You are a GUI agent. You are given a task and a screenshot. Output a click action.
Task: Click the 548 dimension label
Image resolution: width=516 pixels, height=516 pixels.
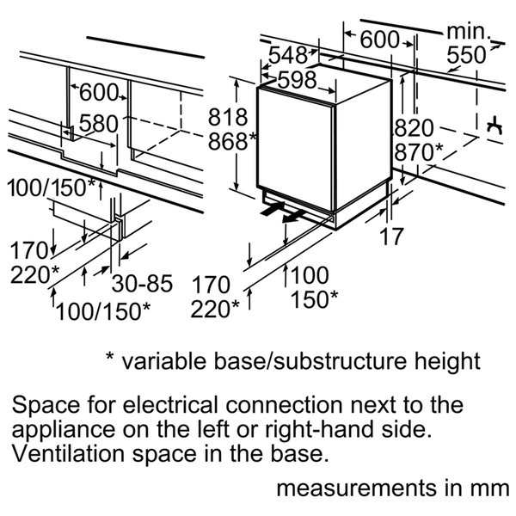click(286, 55)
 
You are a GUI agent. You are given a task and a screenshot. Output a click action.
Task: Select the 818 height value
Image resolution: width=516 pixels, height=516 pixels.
click(228, 117)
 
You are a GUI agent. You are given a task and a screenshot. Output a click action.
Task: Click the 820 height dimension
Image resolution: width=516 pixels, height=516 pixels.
click(413, 128)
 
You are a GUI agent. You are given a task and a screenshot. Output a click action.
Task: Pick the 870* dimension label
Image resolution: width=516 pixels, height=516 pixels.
click(418, 151)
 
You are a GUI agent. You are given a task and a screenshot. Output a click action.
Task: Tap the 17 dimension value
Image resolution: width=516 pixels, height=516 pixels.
click(391, 236)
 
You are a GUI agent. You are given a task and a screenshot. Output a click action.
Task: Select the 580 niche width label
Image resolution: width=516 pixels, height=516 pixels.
click(97, 124)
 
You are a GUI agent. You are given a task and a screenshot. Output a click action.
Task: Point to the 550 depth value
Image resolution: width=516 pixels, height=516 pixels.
click(466, 56)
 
